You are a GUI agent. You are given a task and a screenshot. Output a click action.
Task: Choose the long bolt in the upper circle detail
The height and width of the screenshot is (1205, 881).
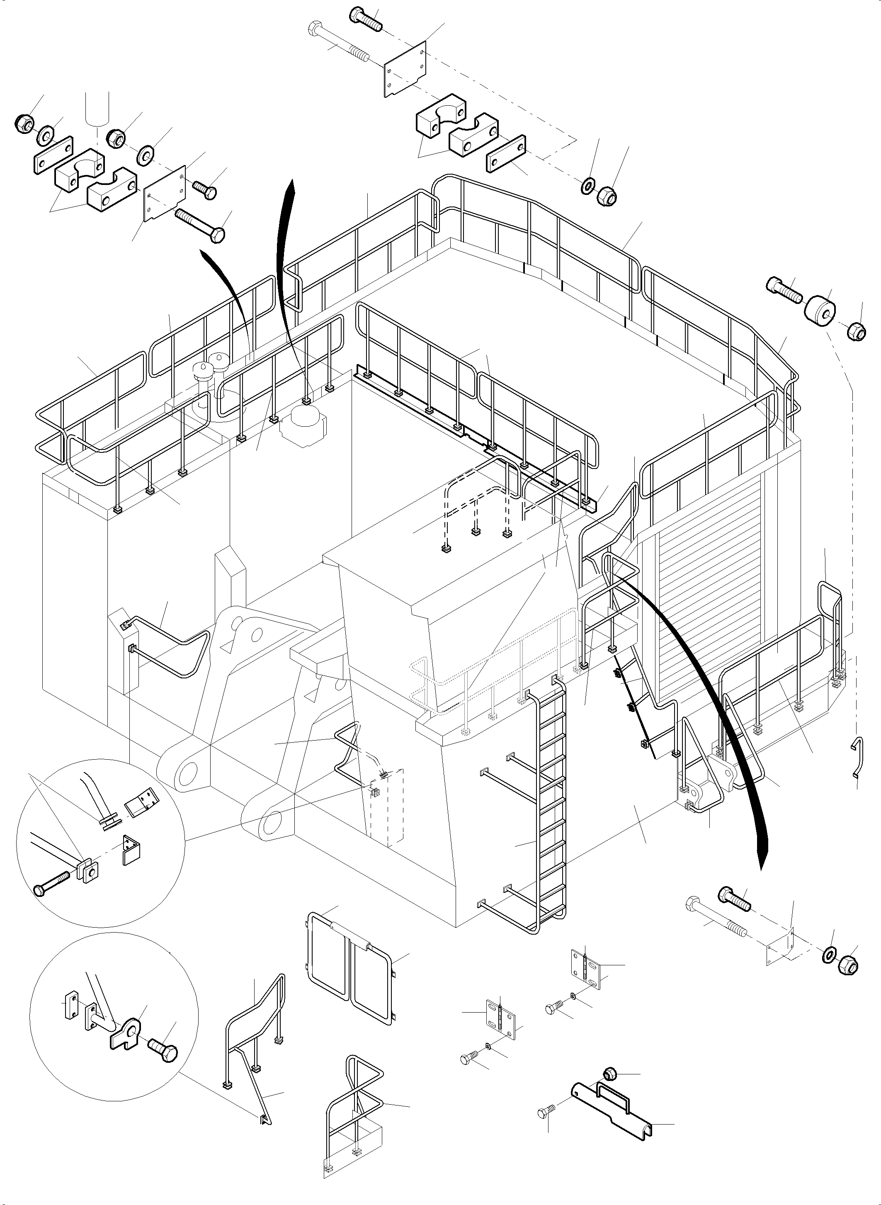[x=51, y=882]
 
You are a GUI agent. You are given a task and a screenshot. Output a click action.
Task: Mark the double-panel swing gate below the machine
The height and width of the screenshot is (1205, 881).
[x=352, y=957]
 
